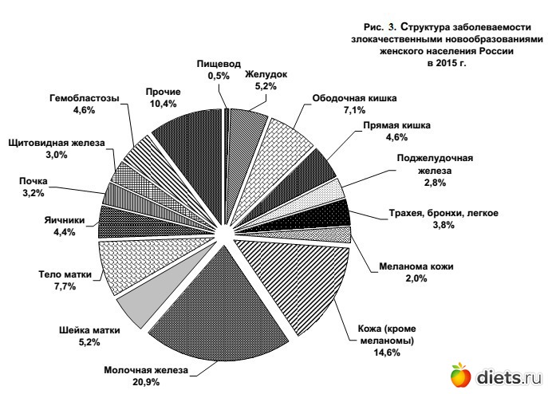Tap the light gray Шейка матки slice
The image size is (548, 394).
tap(136, 307)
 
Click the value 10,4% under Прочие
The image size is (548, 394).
tap(163, 104)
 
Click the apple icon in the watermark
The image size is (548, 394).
tap(461, 374)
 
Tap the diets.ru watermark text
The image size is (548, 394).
tap(507, 376)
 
